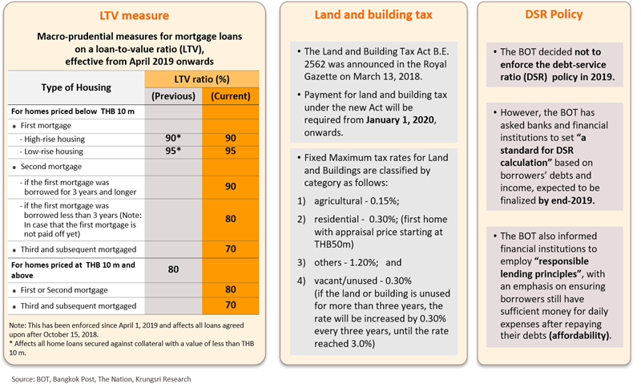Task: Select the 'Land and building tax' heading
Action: tap(365, 16)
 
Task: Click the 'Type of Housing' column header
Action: tap(77, 88)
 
